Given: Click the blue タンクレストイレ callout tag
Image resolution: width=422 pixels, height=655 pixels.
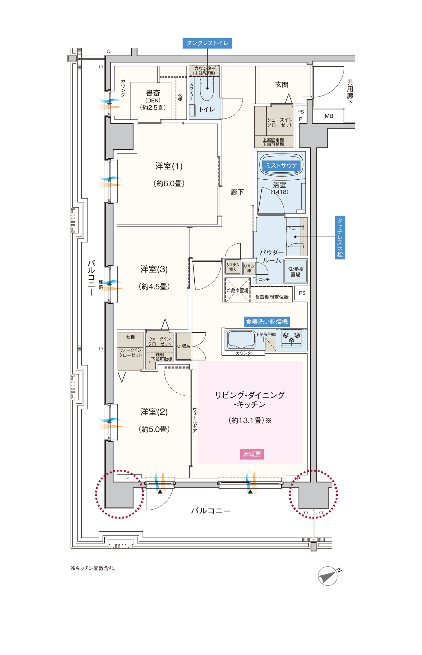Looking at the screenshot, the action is (207, 43).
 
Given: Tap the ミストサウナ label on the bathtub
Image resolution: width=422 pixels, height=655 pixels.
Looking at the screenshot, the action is (281, 166).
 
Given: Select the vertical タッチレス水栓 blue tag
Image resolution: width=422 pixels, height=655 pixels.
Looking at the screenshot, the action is (340, 237).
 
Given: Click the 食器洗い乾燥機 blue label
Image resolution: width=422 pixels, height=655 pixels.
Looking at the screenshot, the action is (267, 322).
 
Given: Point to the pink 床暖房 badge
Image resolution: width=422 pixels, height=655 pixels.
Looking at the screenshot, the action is (252, 454).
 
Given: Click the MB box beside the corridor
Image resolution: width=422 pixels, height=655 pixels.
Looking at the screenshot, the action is (329, 116).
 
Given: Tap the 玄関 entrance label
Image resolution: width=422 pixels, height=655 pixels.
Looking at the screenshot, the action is (282, 85).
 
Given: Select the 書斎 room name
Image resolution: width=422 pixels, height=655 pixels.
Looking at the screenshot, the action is (153, 93).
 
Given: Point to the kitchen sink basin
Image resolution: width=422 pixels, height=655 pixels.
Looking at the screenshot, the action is (241, 339).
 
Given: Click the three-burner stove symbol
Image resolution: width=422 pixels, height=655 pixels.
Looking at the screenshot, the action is (292, 338).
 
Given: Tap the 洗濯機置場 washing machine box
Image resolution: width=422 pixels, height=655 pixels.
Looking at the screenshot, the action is (295, 271).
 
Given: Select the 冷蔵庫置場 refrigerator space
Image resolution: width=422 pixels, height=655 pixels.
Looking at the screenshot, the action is (237, 290).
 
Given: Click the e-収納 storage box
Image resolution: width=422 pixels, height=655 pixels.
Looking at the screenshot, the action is (184, 346).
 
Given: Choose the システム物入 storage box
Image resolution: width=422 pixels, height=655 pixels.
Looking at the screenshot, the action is (233, 267).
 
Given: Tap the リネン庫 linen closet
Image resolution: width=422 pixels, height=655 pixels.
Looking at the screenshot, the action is (249, 268).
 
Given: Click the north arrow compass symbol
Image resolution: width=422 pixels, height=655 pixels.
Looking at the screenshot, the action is (328, 576).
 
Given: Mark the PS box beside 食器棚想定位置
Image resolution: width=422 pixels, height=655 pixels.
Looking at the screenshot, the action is (302, 293).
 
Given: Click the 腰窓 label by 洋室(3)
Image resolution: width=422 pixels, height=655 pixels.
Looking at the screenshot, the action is (101, 285).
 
